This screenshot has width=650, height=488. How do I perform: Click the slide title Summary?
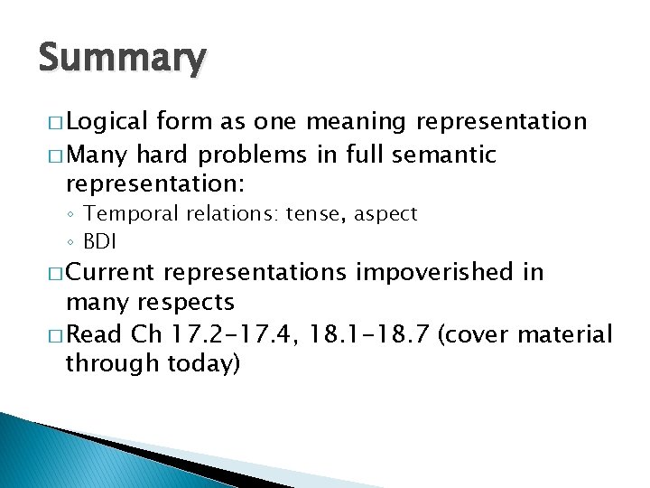pos(122,60)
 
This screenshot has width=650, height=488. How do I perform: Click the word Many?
pos(97,155)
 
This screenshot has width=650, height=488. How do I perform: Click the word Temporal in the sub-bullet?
pos(147,214)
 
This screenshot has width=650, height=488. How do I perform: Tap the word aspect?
pos(387,214)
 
